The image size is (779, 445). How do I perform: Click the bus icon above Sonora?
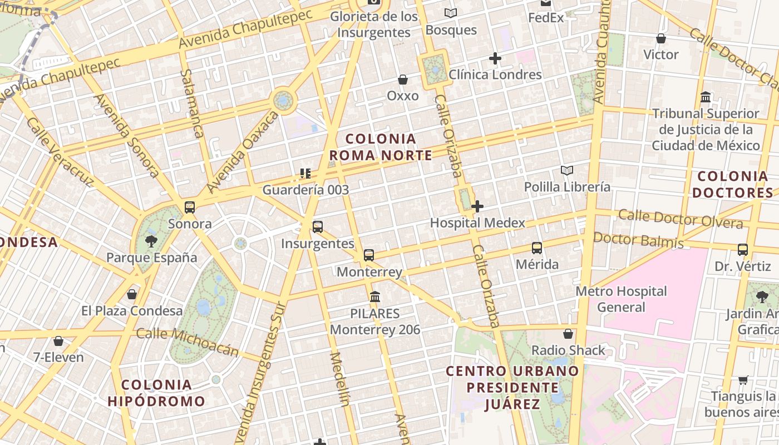click(189, 207)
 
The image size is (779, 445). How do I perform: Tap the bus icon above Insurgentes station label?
click(318, 227)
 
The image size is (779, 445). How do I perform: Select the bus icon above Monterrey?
click(369, 255)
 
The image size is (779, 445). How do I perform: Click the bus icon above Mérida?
click(537, 248)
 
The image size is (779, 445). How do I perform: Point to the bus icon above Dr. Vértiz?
click(743, 250)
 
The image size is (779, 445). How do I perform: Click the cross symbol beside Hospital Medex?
click(477, 207)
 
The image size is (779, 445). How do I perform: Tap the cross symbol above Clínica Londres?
click(495, 58)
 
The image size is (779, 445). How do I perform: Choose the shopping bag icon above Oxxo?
click(403, 80)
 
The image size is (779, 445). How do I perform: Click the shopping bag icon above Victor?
click(661, 38)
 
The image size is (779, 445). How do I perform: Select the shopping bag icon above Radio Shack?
click(568, 334)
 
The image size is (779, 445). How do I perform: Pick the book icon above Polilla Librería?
click(567, 170)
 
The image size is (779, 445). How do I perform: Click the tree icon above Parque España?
click(151, 241)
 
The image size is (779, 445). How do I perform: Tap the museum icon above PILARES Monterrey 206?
click(375, 296)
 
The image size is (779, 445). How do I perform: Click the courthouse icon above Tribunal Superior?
click(706, 97)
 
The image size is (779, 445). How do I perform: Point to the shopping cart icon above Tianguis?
click(743, 380)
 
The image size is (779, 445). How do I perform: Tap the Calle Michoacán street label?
click(188, 342)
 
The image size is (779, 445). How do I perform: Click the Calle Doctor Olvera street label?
click(680, 219)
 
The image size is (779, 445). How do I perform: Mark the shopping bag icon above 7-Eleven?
click(58, 341)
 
